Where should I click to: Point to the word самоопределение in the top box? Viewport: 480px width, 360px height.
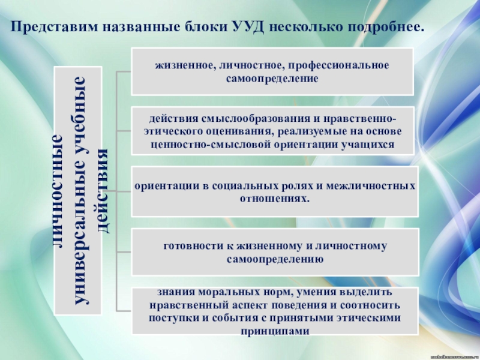click(x=272, y=78)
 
